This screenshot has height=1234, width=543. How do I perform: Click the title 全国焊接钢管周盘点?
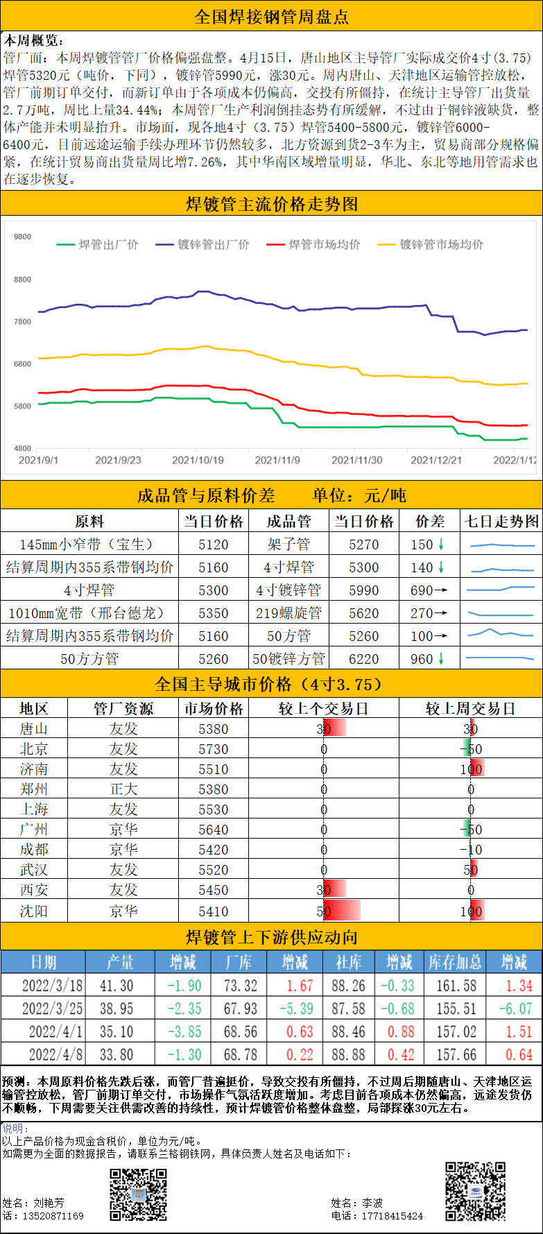click(271, 17)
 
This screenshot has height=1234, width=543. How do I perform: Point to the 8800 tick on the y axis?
click(23, 280)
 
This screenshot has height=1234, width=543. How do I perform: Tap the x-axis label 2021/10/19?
click(198, 460)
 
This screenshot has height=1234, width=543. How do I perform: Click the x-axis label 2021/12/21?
click(436, 460)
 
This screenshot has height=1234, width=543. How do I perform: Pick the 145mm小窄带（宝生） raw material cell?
click(89, 545)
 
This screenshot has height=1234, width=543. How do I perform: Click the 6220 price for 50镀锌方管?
click(363, 659)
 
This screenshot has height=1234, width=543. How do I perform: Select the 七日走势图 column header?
click(501, 522)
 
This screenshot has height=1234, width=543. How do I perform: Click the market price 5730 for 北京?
click(213, 749)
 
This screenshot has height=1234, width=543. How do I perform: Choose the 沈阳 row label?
click(34, 911)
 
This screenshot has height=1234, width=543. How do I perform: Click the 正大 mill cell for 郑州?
click(123, 789)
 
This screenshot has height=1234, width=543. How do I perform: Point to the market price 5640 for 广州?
click(213, 830)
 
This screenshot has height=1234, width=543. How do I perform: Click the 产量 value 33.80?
click(117, 1055)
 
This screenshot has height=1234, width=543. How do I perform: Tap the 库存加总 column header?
click(455, 962)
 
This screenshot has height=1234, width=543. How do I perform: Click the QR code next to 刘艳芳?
click(139, 1194)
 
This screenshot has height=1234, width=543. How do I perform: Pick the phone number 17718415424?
click(392, 1216)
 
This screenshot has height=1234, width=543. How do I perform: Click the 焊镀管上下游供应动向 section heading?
click(271, 938)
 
